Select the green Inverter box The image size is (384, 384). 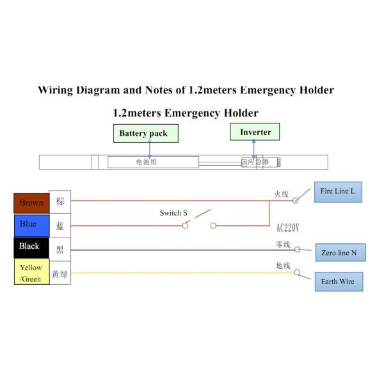(255, 132)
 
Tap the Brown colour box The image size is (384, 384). (31, 203)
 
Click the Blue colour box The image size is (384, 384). (31, 224)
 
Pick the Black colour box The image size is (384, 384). (31, 246)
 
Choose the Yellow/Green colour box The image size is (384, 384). (31, 273)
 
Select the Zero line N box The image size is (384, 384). (339, 253)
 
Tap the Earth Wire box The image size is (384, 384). (338, 282)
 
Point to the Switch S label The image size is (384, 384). (173, 213)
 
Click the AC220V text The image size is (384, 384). (288, 228)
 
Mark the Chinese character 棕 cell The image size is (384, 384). (60, 202)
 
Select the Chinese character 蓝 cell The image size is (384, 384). (60, 225)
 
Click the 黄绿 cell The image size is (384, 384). (60, 274)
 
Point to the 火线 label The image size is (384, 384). (282, 193)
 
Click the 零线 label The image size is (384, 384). (283, 244)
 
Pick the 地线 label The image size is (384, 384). (283, 265)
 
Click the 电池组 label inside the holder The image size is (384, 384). (146, 162)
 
